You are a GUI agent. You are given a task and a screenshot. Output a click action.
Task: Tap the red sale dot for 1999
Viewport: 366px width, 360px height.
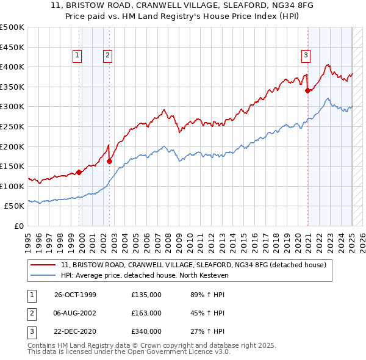(79, 172)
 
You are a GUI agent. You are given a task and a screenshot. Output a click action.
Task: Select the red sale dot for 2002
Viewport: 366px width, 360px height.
(109, 161)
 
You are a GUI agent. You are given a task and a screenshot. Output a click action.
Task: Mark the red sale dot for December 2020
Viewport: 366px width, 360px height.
(308, 90)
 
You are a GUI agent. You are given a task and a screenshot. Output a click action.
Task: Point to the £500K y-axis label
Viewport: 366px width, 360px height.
(12, 27)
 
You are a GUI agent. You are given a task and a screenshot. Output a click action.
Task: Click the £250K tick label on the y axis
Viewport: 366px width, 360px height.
(12, 126)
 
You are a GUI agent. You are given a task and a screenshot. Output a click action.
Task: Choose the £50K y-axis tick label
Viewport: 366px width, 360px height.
(15, 206)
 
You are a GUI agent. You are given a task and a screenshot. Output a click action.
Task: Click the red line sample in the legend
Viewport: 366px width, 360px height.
(43, 265)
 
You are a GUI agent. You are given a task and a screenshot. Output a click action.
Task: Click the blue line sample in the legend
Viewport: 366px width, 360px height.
(43, 275)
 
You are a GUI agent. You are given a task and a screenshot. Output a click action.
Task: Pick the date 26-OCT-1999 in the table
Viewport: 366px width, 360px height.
(76, 295)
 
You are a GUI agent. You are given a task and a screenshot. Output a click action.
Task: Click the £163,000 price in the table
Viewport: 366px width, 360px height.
(146, 313)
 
